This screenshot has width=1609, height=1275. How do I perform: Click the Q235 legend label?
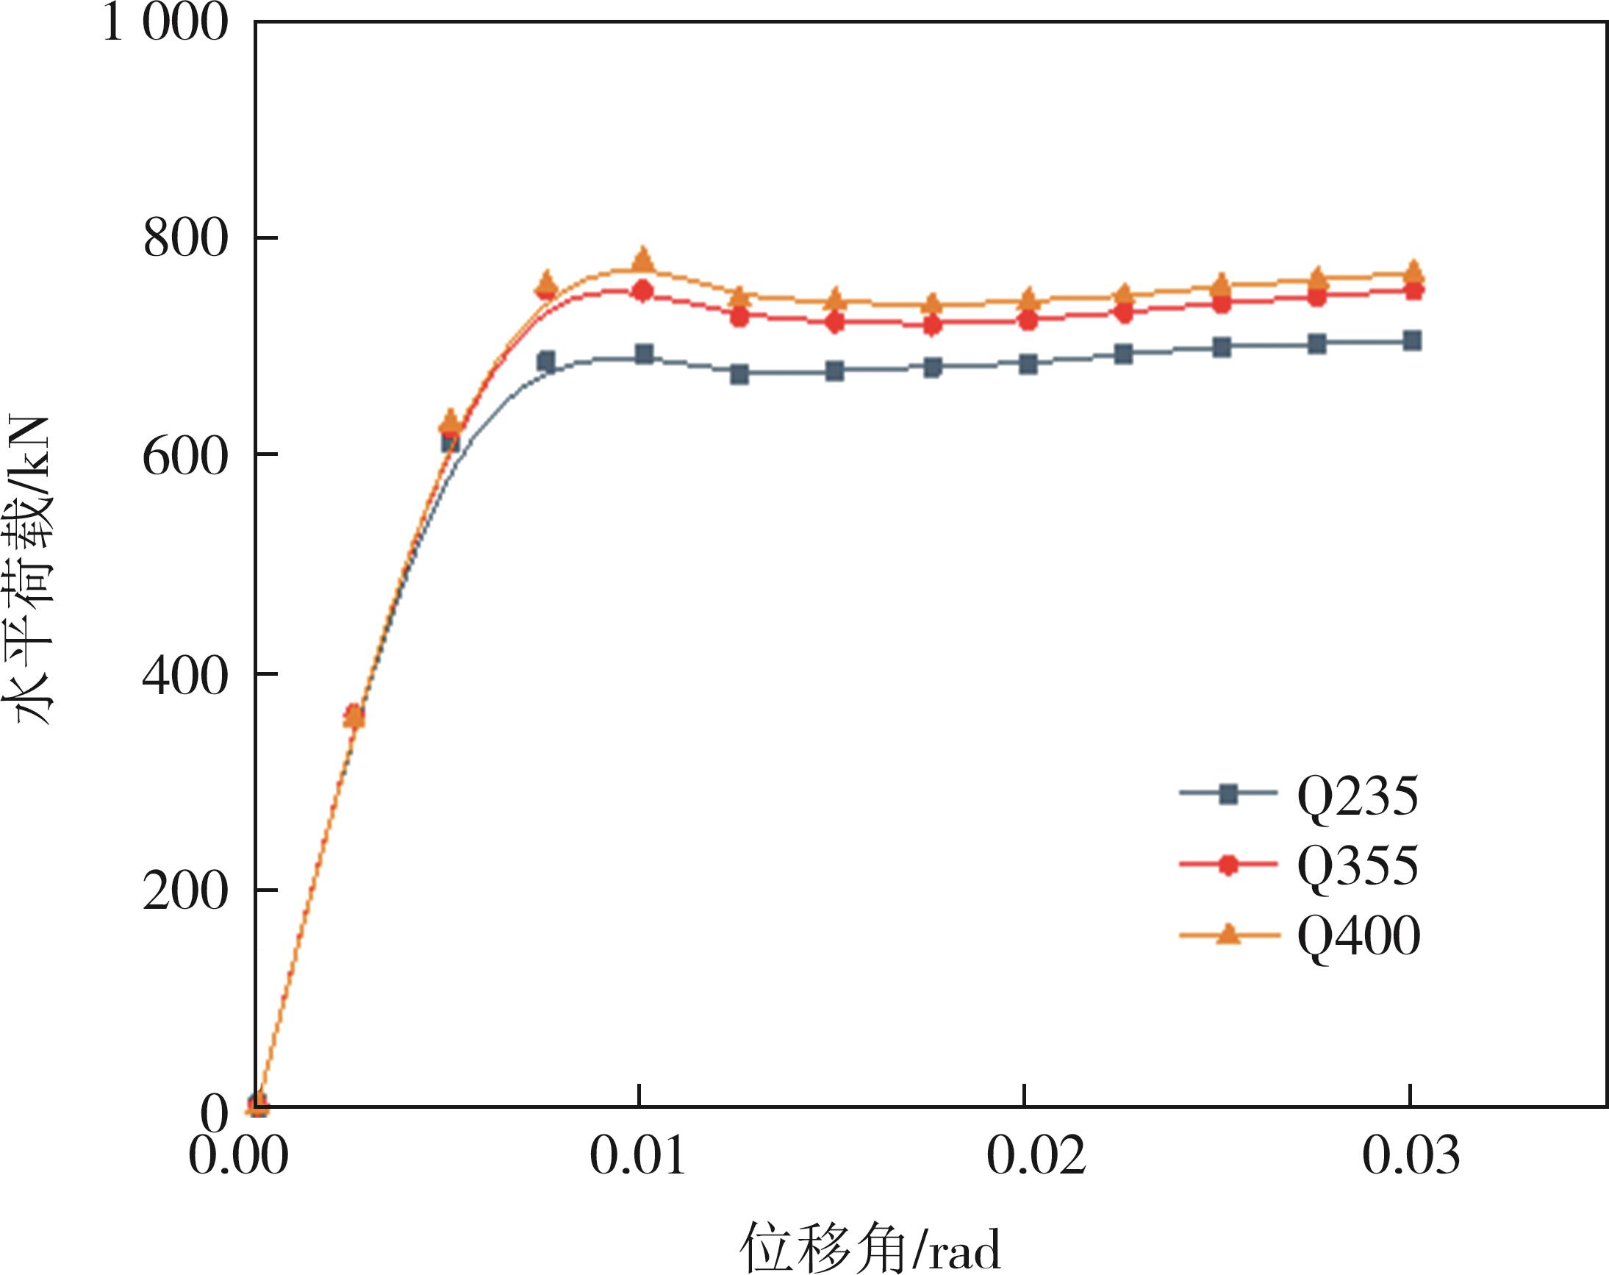coord(1358,797)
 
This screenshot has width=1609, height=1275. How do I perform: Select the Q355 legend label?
coord(1358,866)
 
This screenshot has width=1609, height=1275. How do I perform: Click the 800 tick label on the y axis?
coord(184,240)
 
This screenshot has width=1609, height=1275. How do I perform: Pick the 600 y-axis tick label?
coord(184,456)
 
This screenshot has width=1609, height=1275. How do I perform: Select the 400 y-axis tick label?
coord(184,676)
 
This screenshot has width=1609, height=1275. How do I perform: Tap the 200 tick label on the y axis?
coord(184,891)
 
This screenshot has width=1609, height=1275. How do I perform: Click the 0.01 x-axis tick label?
coord(638,1156)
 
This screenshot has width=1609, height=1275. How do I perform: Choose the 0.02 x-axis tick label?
coord(1036,1156)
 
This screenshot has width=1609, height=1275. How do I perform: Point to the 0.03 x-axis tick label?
coord(1411,1156)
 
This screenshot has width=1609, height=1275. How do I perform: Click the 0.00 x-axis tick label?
coord(238,1156)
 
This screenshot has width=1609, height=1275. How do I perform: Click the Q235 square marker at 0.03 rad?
coord(1411,341)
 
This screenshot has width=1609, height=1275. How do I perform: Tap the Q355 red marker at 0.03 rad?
coord(1411,290)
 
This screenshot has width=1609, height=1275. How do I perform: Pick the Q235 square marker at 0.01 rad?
coord(643,354)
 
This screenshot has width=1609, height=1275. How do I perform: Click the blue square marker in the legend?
coord(1228,795)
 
